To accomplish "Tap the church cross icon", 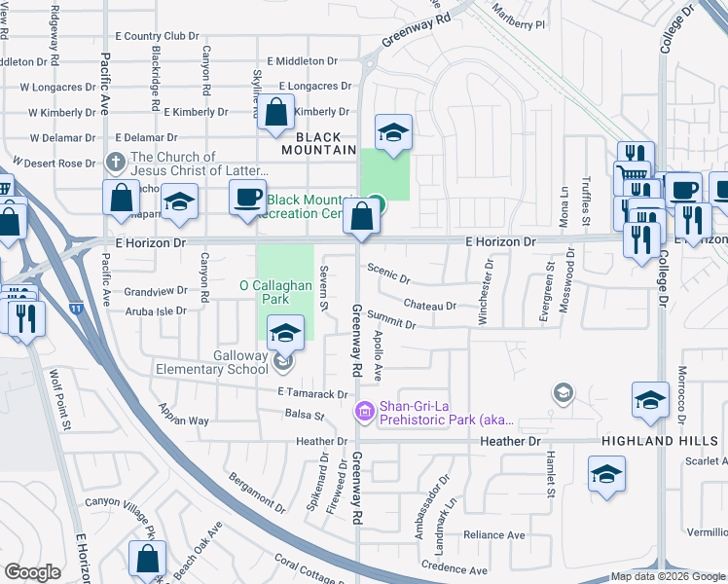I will click(115, 163).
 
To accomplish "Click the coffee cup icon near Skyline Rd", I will click(247, 198).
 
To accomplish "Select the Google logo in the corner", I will click(32, 571).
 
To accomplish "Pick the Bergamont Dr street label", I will click(256, 493).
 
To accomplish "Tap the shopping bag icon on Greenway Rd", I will click(361, 217).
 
